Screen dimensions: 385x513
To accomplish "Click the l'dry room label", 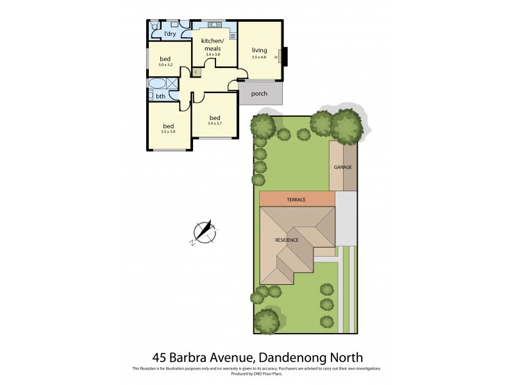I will (x=170, y=33).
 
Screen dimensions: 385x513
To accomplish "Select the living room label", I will (x=259, y=50).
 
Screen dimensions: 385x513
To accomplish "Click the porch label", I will (x=259, y=94).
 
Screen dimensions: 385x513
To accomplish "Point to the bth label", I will (x=160, y=96).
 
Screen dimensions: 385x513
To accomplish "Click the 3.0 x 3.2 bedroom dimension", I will (x=165, y=65).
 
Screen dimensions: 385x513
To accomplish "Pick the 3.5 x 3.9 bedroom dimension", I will (x=168, y=132).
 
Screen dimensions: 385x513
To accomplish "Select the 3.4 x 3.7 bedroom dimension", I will (x=214, y=123).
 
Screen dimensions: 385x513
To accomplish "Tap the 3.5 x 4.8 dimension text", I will (x=259, y=58).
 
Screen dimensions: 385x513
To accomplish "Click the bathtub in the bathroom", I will (x=157, y=83).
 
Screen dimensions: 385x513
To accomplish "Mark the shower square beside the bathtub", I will (x=172, y=83).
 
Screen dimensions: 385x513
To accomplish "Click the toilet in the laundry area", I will (x=155, y=26).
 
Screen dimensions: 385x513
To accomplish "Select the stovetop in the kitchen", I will (x=233, y=35).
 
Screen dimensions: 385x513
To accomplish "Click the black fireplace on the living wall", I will (x=285, y=57).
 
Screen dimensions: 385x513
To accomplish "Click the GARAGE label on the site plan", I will (x=342, y=167).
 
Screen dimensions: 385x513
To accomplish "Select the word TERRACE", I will (x=296, y=200).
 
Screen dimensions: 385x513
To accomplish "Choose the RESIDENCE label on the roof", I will (x=287, y=240).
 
